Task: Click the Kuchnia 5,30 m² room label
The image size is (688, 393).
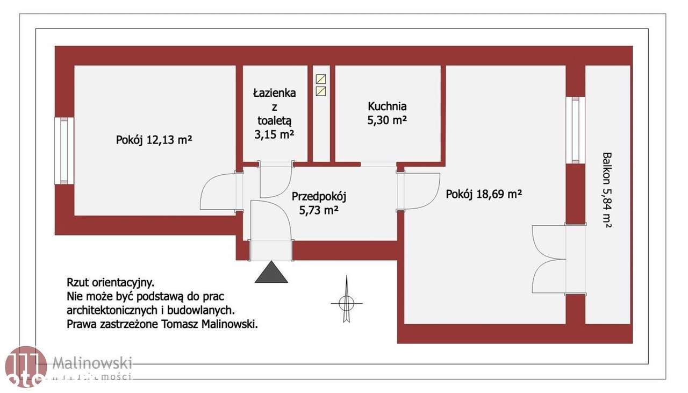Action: tap(387, 113)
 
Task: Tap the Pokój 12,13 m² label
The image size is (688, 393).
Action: tap(154, 140)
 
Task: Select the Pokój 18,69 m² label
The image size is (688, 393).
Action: tap(484, 194)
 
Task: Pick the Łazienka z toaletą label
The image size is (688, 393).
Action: tap(275, 113)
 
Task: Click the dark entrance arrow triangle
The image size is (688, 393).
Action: tap(271, 273)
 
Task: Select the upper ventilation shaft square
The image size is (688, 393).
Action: tap(321, 79)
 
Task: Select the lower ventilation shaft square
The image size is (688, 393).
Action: tap(321, 91)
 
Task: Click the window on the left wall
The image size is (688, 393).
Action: tap(64, 151)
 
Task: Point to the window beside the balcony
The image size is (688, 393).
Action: tap(575, 130)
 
